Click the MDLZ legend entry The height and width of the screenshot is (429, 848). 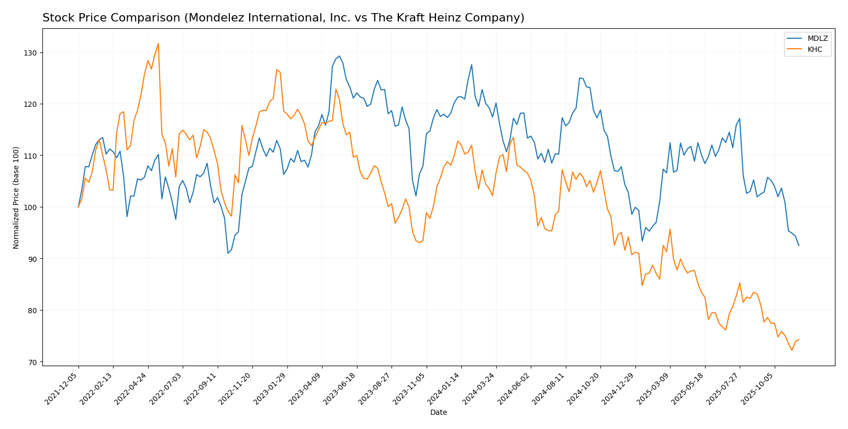coord(814,39)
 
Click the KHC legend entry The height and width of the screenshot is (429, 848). coord(814,50)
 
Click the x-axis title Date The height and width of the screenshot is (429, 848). coord(439,413)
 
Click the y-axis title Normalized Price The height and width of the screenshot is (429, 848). coord(16,197)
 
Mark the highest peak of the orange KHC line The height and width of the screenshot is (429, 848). coord(158,43)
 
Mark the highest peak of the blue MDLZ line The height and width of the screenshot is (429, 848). coord(339,56)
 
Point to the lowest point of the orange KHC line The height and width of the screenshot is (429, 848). coord(791,350)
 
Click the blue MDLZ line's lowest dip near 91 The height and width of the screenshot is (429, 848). coord(228,254)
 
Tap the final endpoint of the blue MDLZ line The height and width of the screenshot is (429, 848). coord(799,246)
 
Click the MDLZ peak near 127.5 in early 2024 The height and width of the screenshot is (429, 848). coord(471,65)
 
